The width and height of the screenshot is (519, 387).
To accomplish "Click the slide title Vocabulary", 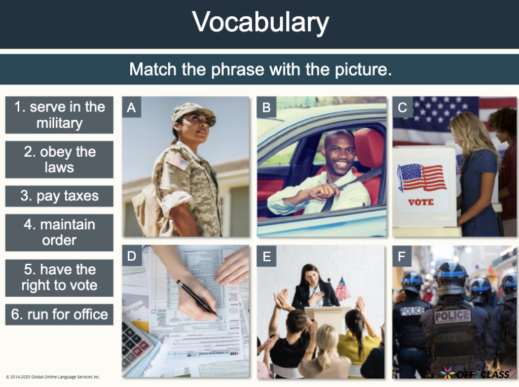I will [260, 23].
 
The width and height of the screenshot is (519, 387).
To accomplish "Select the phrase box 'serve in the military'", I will [59, 115].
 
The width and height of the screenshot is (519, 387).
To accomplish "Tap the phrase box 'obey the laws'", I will [59, 159].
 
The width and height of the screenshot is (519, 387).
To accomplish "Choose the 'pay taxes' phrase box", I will [59, 196].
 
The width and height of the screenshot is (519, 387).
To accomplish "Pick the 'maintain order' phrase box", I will [59, 232].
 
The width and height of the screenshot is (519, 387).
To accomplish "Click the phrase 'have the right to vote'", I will [59, 277].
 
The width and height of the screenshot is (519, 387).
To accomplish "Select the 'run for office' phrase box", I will [59, 314].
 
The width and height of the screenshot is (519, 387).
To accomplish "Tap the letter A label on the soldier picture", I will [132, 108].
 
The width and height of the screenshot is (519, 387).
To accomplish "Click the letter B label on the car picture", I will [266, 108].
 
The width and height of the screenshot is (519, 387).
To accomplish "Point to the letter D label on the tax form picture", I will [132, 256].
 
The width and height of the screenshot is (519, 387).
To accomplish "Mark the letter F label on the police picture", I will [402, 256].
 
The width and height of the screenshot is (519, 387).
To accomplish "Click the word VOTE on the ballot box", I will [421, 202].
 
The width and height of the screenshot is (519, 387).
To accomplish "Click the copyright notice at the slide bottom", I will [53, 377].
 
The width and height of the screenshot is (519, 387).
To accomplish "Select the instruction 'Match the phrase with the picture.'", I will [260, 69].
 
